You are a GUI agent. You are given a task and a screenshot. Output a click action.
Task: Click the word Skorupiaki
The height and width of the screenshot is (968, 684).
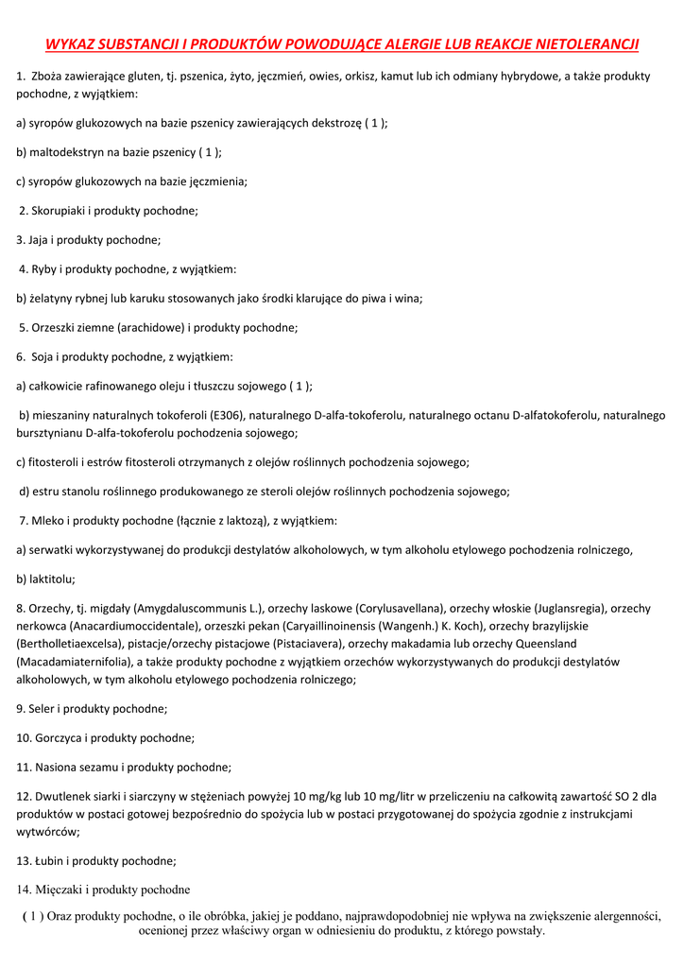coord(60,211)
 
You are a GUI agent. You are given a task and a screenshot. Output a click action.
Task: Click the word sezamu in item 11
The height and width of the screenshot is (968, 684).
coord(102,767)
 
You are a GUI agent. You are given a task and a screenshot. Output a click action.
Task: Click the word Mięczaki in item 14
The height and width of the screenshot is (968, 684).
coord(59,890)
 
